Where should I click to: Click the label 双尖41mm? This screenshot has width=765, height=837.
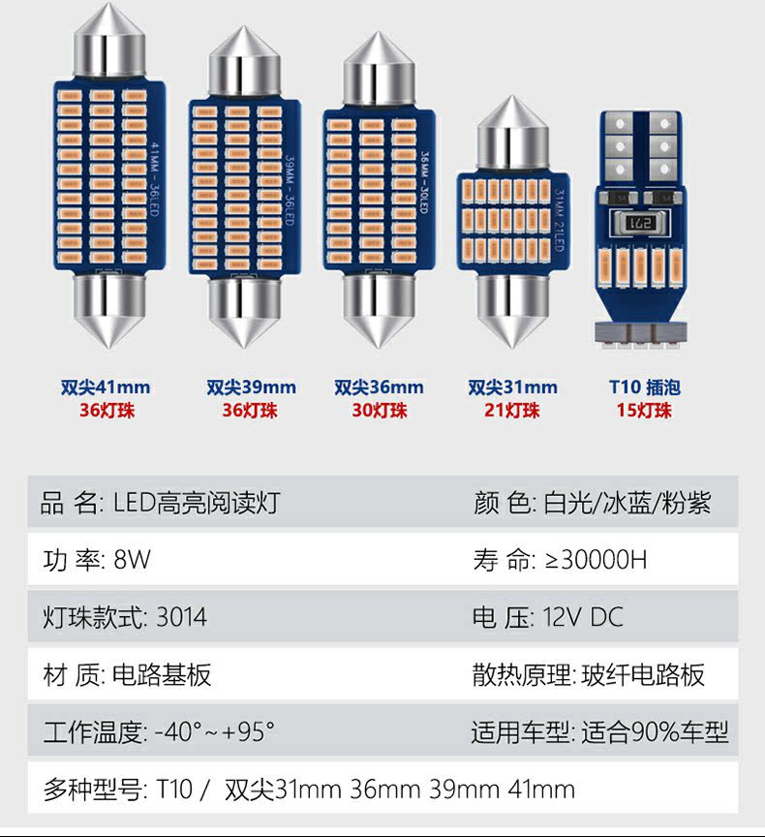[106, 387]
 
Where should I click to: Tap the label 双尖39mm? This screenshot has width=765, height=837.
[251, 387]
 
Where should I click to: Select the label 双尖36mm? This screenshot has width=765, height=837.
[379, 387]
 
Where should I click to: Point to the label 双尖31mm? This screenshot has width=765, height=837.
[512, 387]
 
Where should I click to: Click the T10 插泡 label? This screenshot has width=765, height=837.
[644, 387]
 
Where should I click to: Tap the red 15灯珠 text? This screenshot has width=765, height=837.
[644, 410]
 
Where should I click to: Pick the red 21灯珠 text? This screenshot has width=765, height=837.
[512, 410]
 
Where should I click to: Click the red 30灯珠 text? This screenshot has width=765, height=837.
[379, 410]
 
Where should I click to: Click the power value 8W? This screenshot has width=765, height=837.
[133, 560]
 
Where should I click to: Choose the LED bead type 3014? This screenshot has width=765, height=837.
[181, 617]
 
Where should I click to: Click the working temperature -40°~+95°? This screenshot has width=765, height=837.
[215, 731]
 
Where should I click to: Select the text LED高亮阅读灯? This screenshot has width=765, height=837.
[198, 503]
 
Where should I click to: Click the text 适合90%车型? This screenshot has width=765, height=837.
[655, 731]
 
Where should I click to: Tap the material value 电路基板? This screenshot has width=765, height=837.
[163, 674]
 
